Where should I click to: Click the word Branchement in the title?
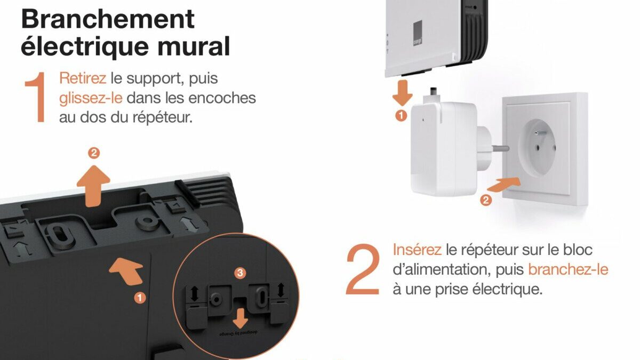click(108, 19)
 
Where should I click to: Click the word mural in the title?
click(194, 46)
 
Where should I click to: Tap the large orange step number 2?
click(363, 269)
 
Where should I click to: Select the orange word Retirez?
click(83, 78)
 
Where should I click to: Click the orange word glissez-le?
click(91, 98)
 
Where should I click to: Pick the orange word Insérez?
click(417, 250)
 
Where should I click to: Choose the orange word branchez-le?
click(568, 269)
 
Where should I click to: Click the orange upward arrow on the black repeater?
click(93, 186)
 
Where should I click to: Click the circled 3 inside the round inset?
click(240, 273)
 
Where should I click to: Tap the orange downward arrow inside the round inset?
click(241, 318)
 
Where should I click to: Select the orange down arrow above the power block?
click(402, 93)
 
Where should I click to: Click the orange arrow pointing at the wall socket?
click(503, 184)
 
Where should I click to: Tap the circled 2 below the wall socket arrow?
click(486, 200)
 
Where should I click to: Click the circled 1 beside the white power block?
click(401, 116)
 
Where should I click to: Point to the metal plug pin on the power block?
click(500, 149)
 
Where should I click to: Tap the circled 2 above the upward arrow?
click(94, 153)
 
